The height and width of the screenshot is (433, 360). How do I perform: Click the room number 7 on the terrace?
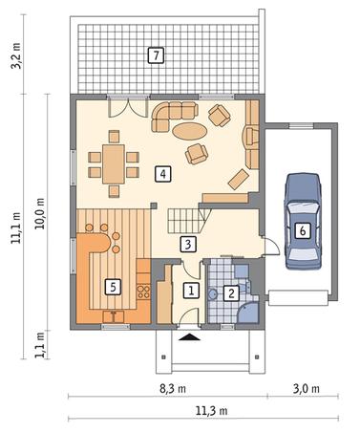click(x=156, y=55)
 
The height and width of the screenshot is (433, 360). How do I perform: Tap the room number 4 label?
click(x=163, y=174)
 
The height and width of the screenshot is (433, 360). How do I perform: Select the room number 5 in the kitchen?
click(x=113, y=288)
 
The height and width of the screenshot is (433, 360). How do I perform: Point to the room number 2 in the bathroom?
click(x=231, y=293)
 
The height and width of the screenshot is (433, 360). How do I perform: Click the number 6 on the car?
click(x=303, y=230)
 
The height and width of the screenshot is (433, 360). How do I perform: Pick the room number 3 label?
click(x=188, y=245)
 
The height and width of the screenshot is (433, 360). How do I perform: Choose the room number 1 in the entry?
click(x=191, y=291)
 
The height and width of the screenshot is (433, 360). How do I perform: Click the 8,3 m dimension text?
click(x=172, y=389)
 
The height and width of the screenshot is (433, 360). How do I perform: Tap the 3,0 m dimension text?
click(x=306, y=389)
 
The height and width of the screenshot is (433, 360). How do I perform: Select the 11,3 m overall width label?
click(x=211, y=411)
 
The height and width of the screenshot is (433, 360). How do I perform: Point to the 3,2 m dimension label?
click(x=16, y=55)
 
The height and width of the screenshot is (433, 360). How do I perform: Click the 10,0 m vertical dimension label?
click(x=40, y=214)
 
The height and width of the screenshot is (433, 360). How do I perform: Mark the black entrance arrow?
click(x=189, y=336)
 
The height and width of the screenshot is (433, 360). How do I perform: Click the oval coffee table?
click(x=190, y=131)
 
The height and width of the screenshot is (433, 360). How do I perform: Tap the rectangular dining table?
click(x=114, y=164)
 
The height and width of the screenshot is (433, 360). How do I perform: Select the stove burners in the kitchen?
click(x=143, y=292)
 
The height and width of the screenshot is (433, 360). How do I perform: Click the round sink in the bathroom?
click(x=212, y=294)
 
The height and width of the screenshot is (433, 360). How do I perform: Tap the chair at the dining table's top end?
click(x=114, y=137)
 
